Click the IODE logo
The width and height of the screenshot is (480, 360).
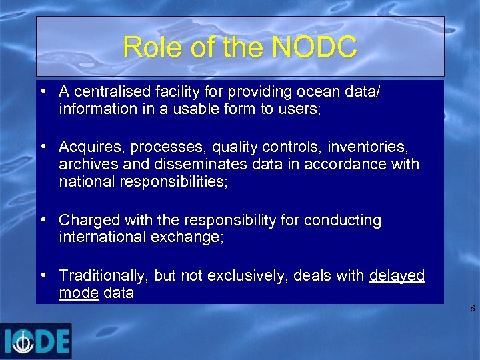[36, 341]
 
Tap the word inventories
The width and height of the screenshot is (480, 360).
[369, 146]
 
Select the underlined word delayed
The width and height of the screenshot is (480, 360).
[397, 275]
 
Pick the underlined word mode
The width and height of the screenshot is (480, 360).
[79, 293]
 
